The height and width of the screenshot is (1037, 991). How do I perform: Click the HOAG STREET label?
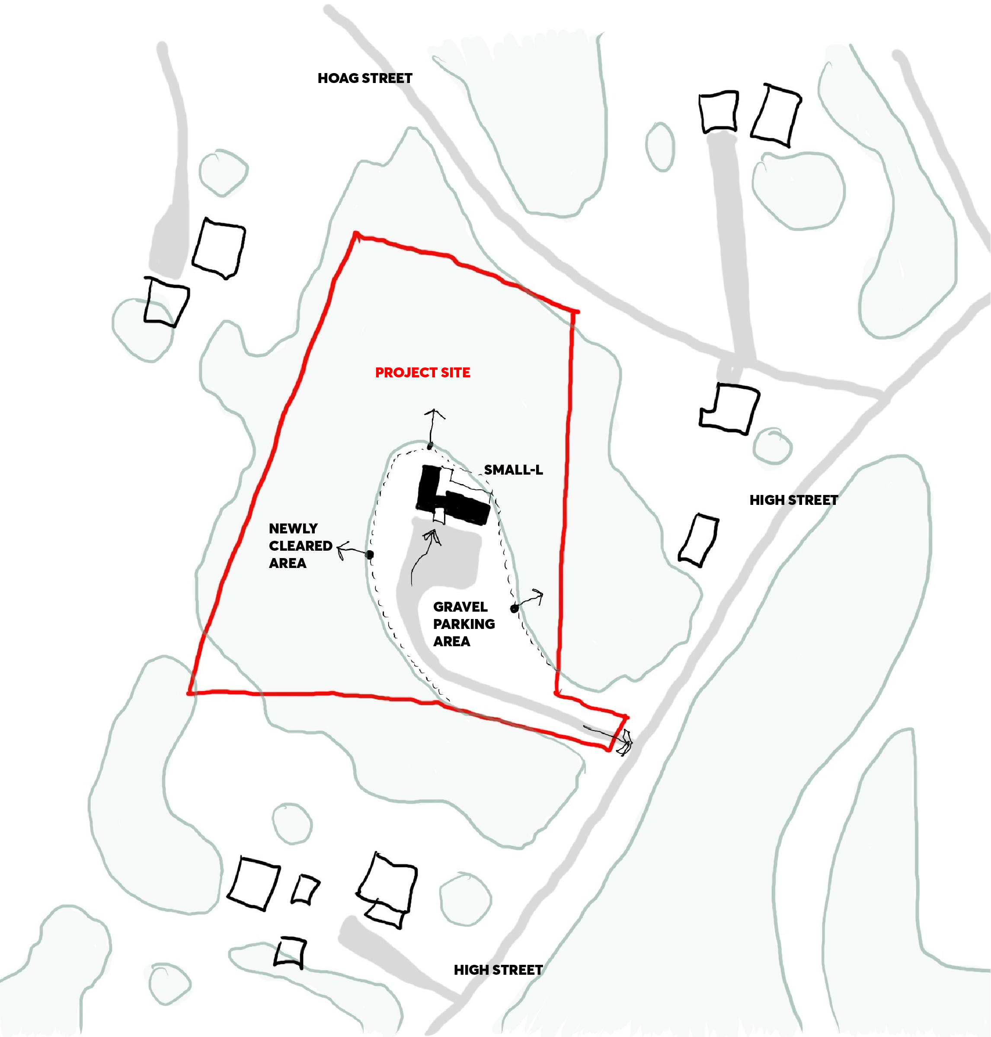tap(364, 78)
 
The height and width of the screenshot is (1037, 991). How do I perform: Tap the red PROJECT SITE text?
tap(422, 373)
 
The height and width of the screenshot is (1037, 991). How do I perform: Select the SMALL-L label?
tap(513, 470)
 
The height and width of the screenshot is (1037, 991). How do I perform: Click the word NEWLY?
tap(293, 529)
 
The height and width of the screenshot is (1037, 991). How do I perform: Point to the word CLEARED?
tap(300, 546)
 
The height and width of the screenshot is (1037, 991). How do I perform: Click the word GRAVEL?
tap(460, 607)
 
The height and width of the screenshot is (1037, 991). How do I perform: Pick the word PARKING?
tap(464, 624)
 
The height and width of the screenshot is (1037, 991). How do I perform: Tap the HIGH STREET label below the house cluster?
tap(498, 970)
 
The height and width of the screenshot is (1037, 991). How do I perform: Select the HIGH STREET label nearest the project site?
tap(793, 500)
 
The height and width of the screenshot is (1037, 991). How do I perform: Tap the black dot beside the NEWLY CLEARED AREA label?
tap(370, 555)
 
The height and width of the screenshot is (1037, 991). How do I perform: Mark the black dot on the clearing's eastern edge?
tap(514, 609)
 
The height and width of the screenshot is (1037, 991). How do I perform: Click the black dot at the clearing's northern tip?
tap(430, 446)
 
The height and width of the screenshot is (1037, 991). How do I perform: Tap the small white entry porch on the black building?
tap(439, 515)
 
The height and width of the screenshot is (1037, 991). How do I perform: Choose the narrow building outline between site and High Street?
tap(698, 539)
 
